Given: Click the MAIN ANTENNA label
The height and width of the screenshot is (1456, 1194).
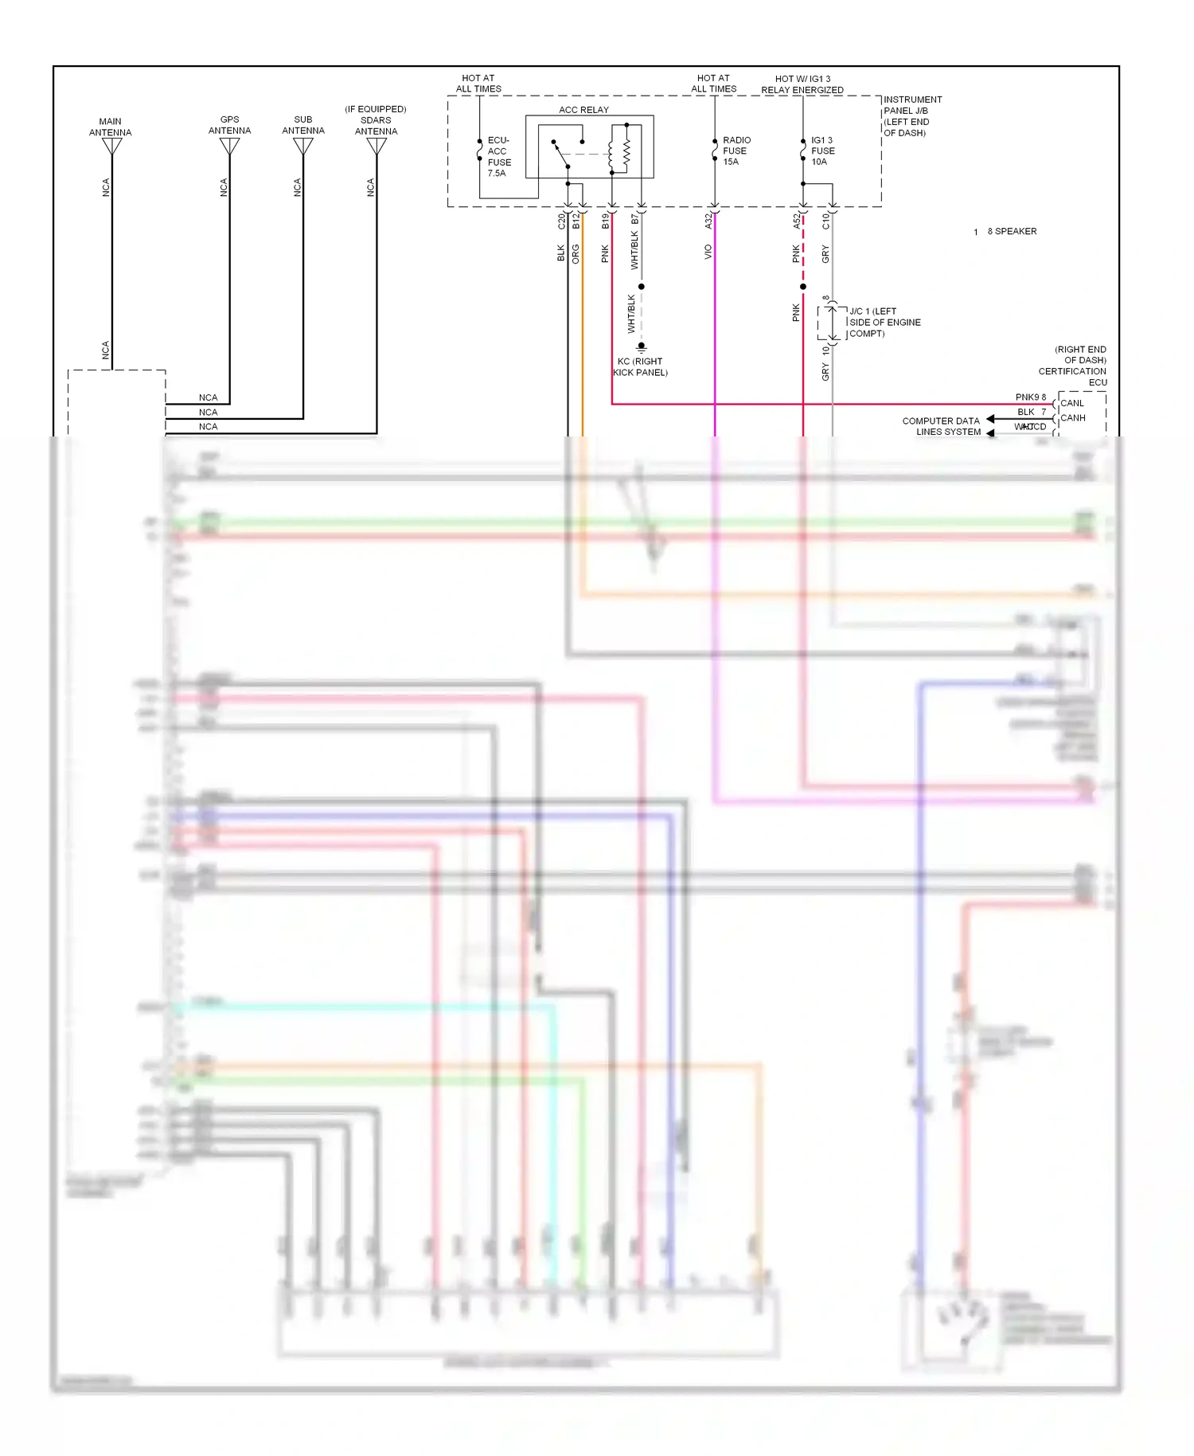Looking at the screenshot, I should pos(110,127).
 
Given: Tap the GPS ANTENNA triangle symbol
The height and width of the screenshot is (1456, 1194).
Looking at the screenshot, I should pos(230,147).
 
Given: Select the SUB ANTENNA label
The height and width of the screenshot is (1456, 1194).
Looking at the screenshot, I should pos(303,125).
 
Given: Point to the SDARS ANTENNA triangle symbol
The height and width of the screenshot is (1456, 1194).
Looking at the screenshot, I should pos(377,147).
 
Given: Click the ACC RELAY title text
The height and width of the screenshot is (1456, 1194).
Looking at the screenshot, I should pos(583,110).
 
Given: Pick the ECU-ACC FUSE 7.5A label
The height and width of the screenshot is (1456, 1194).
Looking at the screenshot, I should pos(499,156).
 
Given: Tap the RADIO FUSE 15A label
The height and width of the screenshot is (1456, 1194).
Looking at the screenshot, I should pos(736,151).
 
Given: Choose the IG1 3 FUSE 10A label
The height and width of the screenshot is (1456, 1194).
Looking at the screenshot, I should pos(822,151).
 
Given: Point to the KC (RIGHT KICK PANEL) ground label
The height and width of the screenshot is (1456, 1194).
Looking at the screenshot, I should pos(640,367).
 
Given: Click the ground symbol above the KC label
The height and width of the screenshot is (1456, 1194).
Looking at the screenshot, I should pos(641,347).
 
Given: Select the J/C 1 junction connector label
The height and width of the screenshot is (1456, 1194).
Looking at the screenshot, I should pos(884,323).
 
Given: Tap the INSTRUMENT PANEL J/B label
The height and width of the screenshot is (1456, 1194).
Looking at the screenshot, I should pos(912,116).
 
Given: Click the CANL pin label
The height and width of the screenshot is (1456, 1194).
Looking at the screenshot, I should pos(1072,403).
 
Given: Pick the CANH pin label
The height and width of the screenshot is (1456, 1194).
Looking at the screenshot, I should pos(1073,417).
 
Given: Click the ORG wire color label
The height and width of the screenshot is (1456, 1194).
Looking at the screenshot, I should pos(576,254).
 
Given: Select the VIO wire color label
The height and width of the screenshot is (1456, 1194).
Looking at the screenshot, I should pos(708,252).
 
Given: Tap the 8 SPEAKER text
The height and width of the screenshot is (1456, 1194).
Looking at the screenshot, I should pos(1012,231).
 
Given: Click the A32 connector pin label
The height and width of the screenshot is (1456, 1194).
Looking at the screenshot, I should pos(708,221).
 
